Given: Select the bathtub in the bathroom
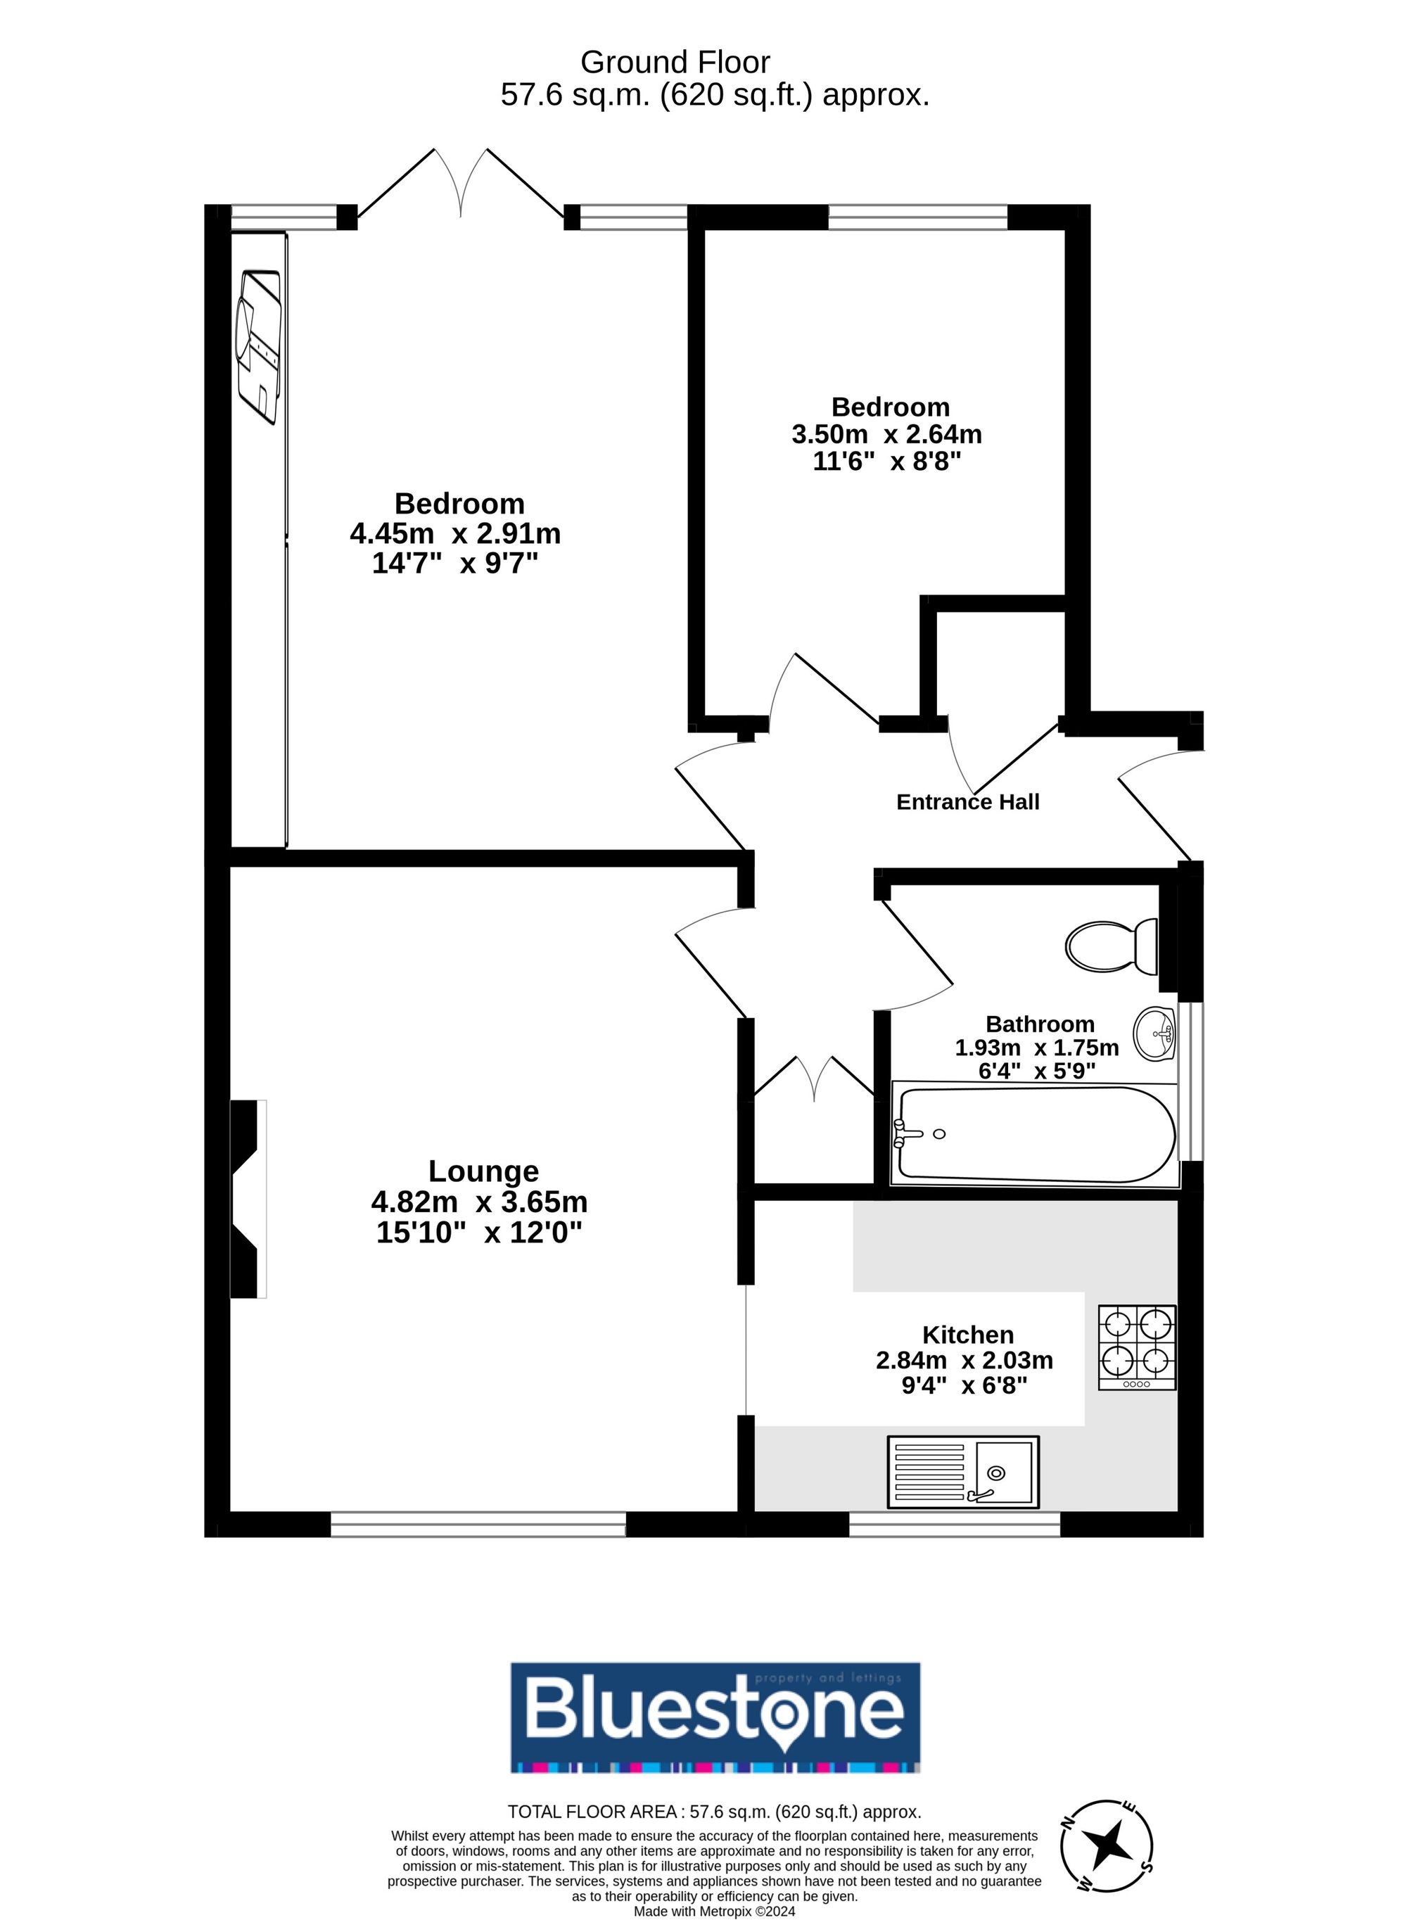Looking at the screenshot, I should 1035,1133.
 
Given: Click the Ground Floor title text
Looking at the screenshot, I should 675,62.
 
